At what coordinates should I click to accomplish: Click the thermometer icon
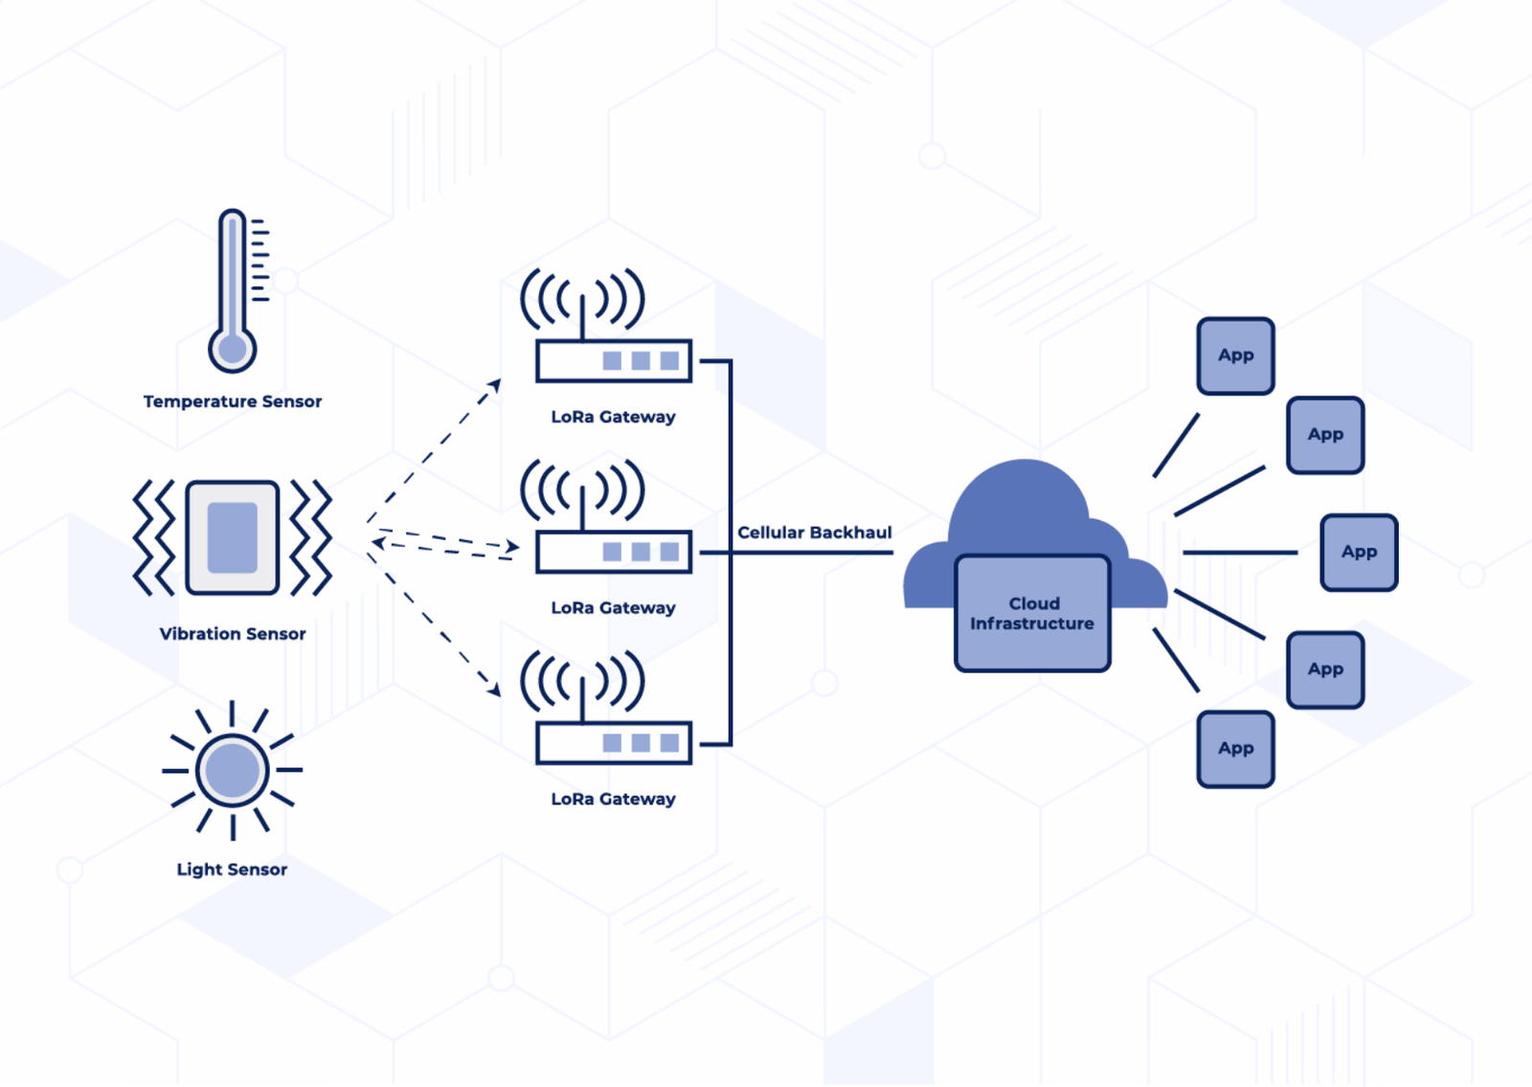[233, 292]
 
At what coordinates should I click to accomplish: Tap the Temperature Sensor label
[233, 401]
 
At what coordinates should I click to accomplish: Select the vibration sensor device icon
[233, 537]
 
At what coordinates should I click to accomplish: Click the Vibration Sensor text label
[233, 634]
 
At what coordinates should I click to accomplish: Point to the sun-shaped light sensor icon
[233, 770]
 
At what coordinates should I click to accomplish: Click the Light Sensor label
[232, 870]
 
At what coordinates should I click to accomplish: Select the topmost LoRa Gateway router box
[614, 361]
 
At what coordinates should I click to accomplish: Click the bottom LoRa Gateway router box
[614, 743]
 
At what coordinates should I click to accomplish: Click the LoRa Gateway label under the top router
[614, 417]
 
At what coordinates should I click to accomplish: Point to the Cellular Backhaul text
[814, 532]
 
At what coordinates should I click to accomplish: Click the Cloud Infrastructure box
[1032, 613]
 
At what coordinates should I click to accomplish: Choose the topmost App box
[1235, 356]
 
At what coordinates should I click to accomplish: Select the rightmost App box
[1359, 553]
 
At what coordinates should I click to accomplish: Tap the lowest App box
[1235, 749]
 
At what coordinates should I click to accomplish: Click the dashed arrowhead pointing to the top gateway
[495, 385]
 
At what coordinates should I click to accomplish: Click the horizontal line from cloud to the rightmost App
[1240, 553]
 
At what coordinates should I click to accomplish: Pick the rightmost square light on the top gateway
[669, 361]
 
